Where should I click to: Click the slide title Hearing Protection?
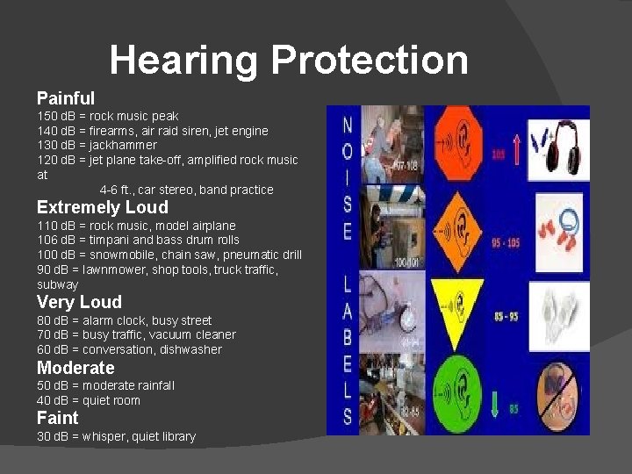(289, 61)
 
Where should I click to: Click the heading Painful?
(66, 97)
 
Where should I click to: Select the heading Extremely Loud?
(102, 207)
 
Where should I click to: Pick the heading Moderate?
(75, 368)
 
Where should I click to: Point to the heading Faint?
(57, 418)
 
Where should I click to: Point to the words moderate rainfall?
(132, 385)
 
